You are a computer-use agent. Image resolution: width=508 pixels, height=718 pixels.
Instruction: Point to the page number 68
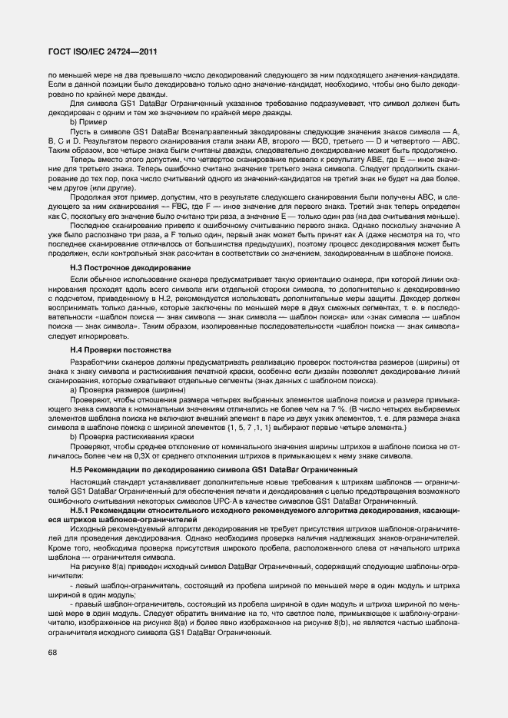tap(53, 652)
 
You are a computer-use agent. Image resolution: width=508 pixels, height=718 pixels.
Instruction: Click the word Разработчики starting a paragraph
tap(94, 360)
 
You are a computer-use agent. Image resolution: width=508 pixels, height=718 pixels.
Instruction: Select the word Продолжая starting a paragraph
tap(90, 197)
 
